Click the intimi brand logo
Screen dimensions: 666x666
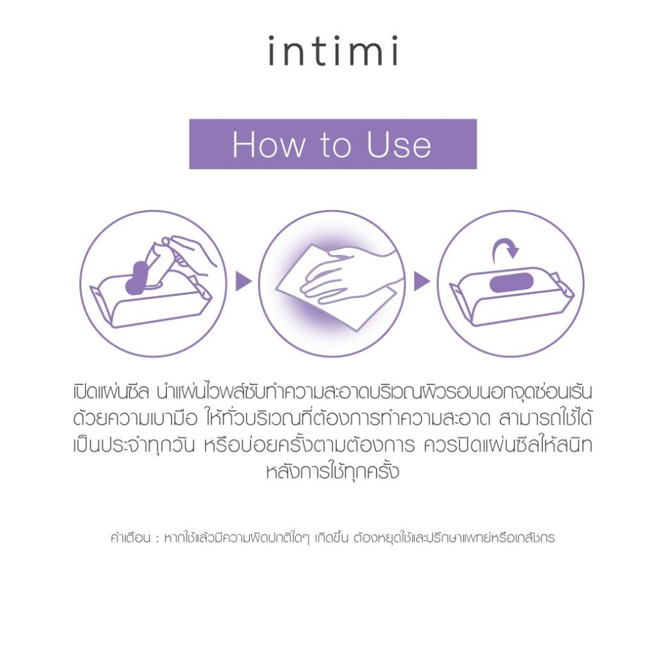pos(334,51)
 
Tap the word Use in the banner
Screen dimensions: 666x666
pos(399,145)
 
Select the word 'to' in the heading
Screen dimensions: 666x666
pos(336,146)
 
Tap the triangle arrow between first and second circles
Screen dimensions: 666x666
pos(243,281)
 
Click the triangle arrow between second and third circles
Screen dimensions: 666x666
pos(421,281)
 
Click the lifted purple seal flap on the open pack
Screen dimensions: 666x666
pos(138,278)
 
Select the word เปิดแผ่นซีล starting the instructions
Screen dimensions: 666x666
pos(111,392)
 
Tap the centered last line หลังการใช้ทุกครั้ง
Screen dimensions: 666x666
pos(332,471)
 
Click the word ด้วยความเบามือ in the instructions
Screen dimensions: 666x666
pos(135,418)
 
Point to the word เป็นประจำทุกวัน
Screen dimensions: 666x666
pos(134,445)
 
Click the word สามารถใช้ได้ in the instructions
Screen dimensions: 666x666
pos(546,418)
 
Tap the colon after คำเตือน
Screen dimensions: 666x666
pos(157,539)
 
